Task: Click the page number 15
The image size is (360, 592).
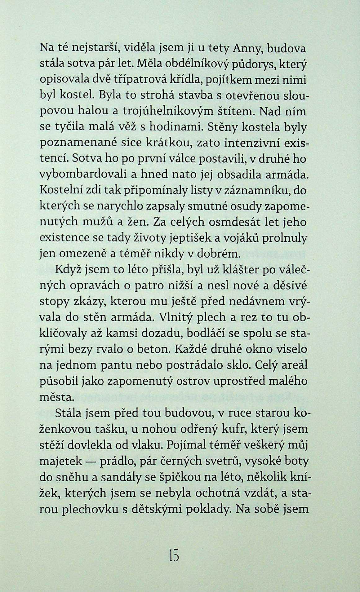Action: point(174,556)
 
